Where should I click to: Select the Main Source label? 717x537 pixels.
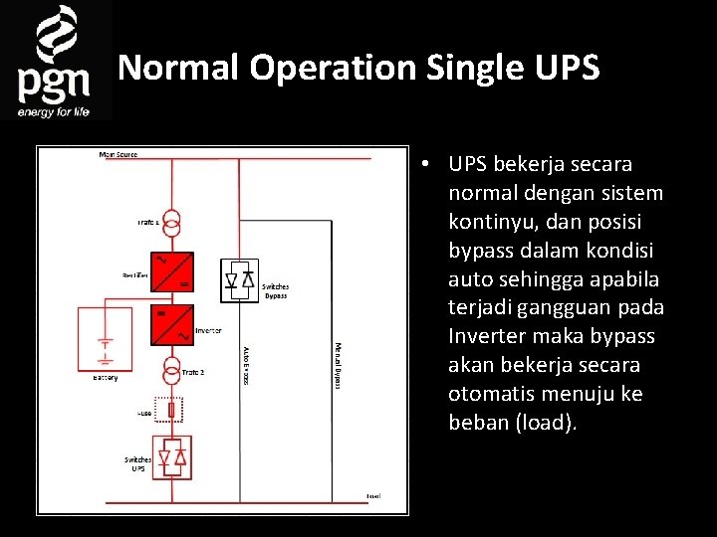pos(119,154)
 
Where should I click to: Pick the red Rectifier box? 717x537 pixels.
pos(172,272)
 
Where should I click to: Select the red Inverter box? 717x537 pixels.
pos(172,324)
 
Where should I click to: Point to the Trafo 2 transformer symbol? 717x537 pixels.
pos(172,371)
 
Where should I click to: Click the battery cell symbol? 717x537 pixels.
pos(104,349)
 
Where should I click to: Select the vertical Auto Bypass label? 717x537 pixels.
pos(246,365)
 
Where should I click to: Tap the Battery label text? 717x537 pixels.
pos(105,378)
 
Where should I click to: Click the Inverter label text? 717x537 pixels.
pos(208,331)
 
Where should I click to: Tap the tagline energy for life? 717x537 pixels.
pos(54,111)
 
